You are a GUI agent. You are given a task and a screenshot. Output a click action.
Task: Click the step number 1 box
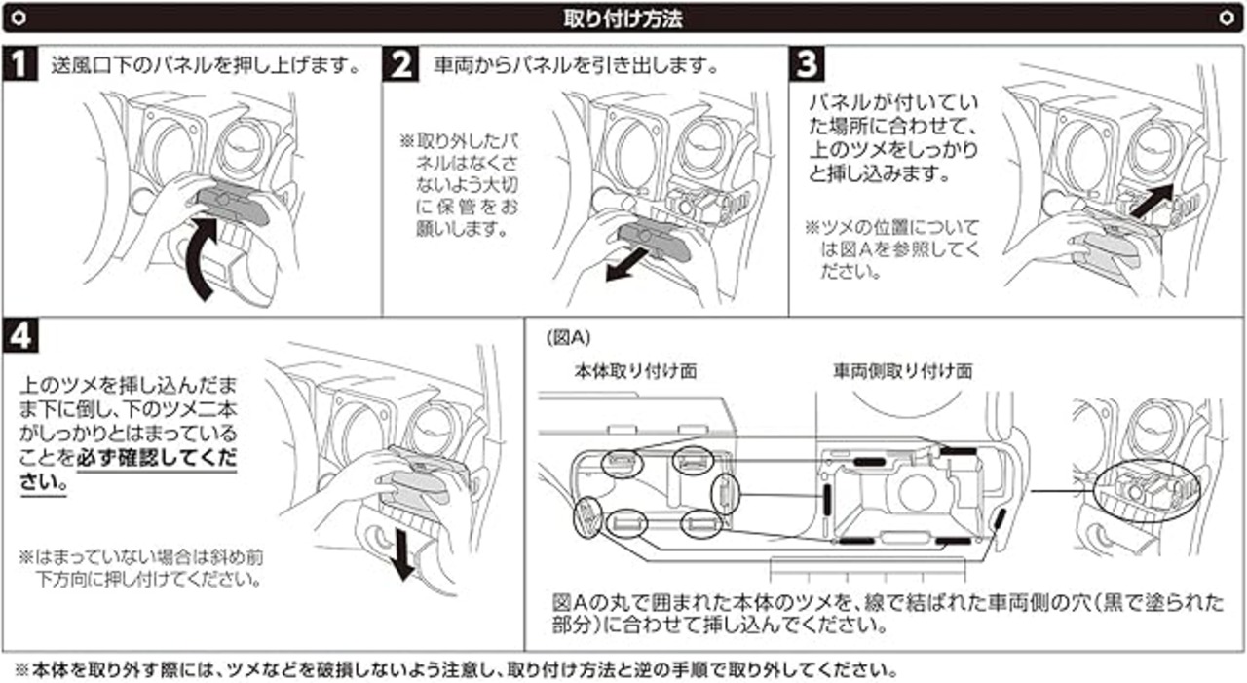[19, 66]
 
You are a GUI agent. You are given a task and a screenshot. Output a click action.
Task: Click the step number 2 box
[400, 66]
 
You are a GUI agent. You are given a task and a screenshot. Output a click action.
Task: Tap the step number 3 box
[808, 66]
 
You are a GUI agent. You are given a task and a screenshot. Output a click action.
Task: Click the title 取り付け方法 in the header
[623, 18]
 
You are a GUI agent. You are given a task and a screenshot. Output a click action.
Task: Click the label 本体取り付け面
[635, 371]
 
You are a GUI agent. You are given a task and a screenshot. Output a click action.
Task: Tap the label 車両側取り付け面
[902, 371]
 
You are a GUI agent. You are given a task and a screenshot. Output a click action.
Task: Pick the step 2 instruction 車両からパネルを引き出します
[577, 67]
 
